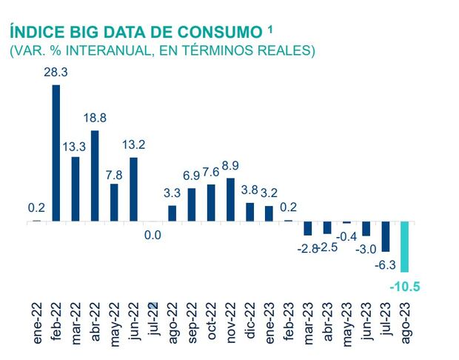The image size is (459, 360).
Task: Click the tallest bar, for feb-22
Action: pos(56,153)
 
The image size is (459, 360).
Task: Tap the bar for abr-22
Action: pos(95,176)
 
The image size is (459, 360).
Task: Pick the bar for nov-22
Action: pos(230,199)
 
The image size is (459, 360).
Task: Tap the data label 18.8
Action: pos(95,119)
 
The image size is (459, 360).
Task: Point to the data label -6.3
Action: pos(386,264)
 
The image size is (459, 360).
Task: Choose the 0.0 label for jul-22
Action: pos(153,236)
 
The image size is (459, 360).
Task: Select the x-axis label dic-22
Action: pos(250,324)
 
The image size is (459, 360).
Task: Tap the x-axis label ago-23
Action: pos(405,323)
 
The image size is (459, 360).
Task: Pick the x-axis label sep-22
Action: pos(192,323)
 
